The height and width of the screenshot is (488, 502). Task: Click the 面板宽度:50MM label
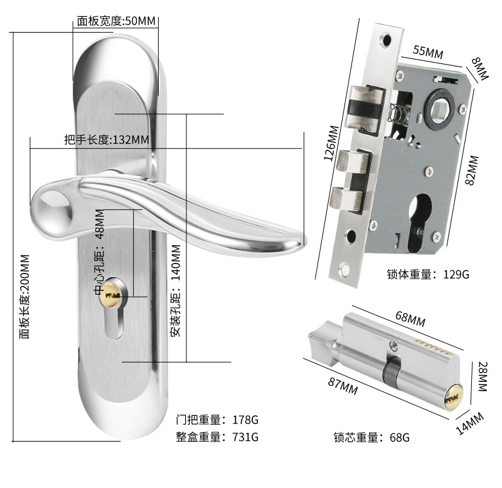pyautogui.click(x=116, y=21)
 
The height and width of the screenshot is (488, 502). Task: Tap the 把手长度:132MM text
pyautogui.click(x=107, y=139)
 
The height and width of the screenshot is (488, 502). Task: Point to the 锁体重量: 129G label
pyautogui.click(x=428, y=274)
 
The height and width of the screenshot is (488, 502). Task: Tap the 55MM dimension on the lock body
pyautogui.click(x=427, y=52)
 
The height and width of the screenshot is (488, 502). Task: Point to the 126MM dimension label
pyautogui.click(x=331, y=144)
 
